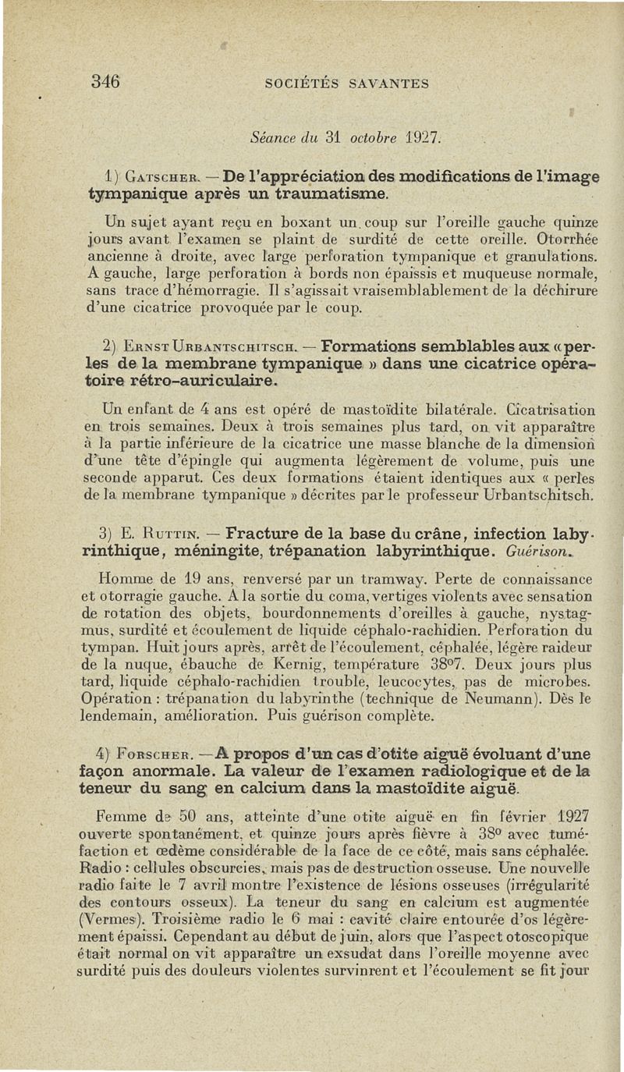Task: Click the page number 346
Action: click(105, 80)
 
